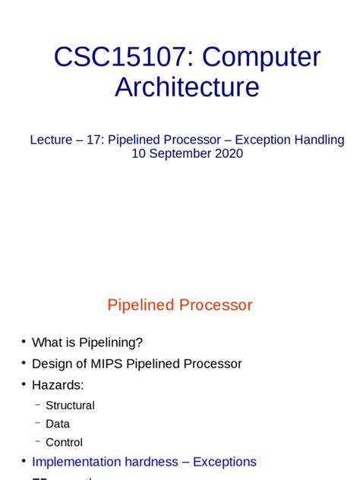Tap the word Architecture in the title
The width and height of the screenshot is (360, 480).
(187, 87)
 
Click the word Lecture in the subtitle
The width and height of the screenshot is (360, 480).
(52, 140)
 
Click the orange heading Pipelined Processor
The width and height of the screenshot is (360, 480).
(180, 305)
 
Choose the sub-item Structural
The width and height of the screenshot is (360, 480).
(70, 406)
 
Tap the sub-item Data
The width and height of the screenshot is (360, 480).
(58, 424)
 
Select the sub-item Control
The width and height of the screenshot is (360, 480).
(64, 442)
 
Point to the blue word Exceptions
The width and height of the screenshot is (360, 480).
(225, 462)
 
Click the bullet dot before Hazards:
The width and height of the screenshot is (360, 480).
(24, 385)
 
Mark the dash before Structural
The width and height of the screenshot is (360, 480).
(37, 404)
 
